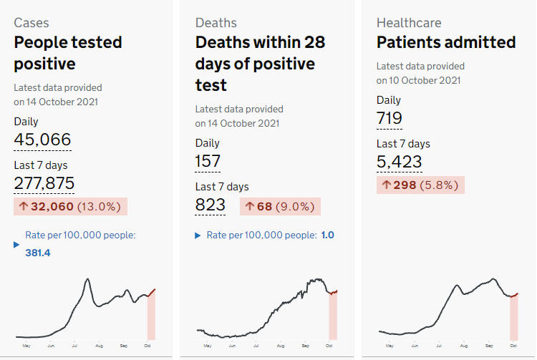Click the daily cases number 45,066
coord(42,140)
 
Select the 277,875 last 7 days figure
coord(44,183)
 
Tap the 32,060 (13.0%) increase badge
coord(71,206)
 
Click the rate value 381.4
coord(38,253)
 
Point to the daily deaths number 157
coord(208,161)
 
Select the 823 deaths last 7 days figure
coord(211,205)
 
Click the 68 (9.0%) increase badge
coord(280,206)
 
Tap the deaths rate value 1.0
coord(328,235)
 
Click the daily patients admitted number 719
coord(390,118)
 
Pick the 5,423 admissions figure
coord(400,162)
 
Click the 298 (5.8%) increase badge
coord(420,185)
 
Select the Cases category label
coord(32,23)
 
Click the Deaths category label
coord(216,23)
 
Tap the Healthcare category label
coord(409,23)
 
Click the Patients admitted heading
coord(446,42)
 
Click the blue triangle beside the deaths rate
coord(198,235)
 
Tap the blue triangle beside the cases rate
coord(16,245)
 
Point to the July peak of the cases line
coord(88,279)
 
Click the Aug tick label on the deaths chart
coord(281,346)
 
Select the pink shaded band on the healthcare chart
coord(513,317)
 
